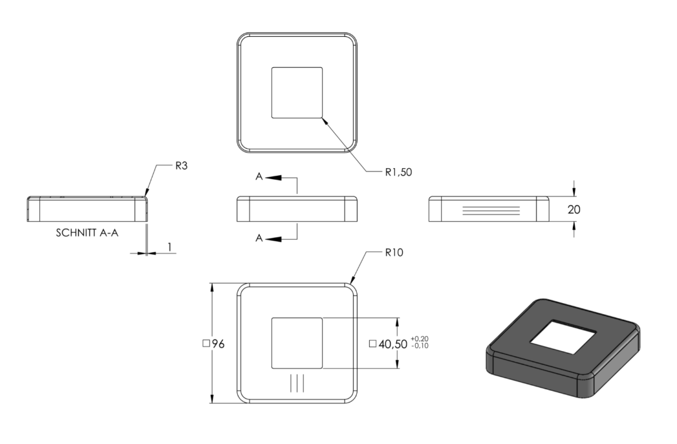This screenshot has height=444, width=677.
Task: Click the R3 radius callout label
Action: point(181,165)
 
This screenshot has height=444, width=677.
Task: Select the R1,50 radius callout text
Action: point(398,172)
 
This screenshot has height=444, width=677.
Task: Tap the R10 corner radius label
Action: point(394,253)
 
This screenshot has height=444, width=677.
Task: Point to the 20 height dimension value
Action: point(574,209)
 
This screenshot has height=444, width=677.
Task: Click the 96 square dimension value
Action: point(219,344)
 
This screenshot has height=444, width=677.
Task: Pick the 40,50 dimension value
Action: point(393,344)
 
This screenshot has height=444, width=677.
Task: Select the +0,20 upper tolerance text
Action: point(420,339)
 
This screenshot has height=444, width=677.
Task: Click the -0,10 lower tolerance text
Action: point(420,346)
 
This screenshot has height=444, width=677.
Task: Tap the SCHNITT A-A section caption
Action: point(87,233)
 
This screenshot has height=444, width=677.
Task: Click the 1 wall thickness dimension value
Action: point(169,247)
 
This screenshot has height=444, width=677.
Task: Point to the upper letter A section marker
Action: point(259,176)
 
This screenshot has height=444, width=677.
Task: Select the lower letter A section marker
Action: point(259,238)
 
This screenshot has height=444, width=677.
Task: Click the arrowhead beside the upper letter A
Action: point(274,177)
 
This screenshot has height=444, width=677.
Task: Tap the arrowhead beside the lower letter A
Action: point(274,238)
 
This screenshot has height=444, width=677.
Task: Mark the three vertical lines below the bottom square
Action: point(297,383)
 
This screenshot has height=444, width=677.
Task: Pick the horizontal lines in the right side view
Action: point(491,211)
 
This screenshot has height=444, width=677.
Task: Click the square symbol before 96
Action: point(206,344)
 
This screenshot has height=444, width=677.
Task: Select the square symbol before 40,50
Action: point(372,344)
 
